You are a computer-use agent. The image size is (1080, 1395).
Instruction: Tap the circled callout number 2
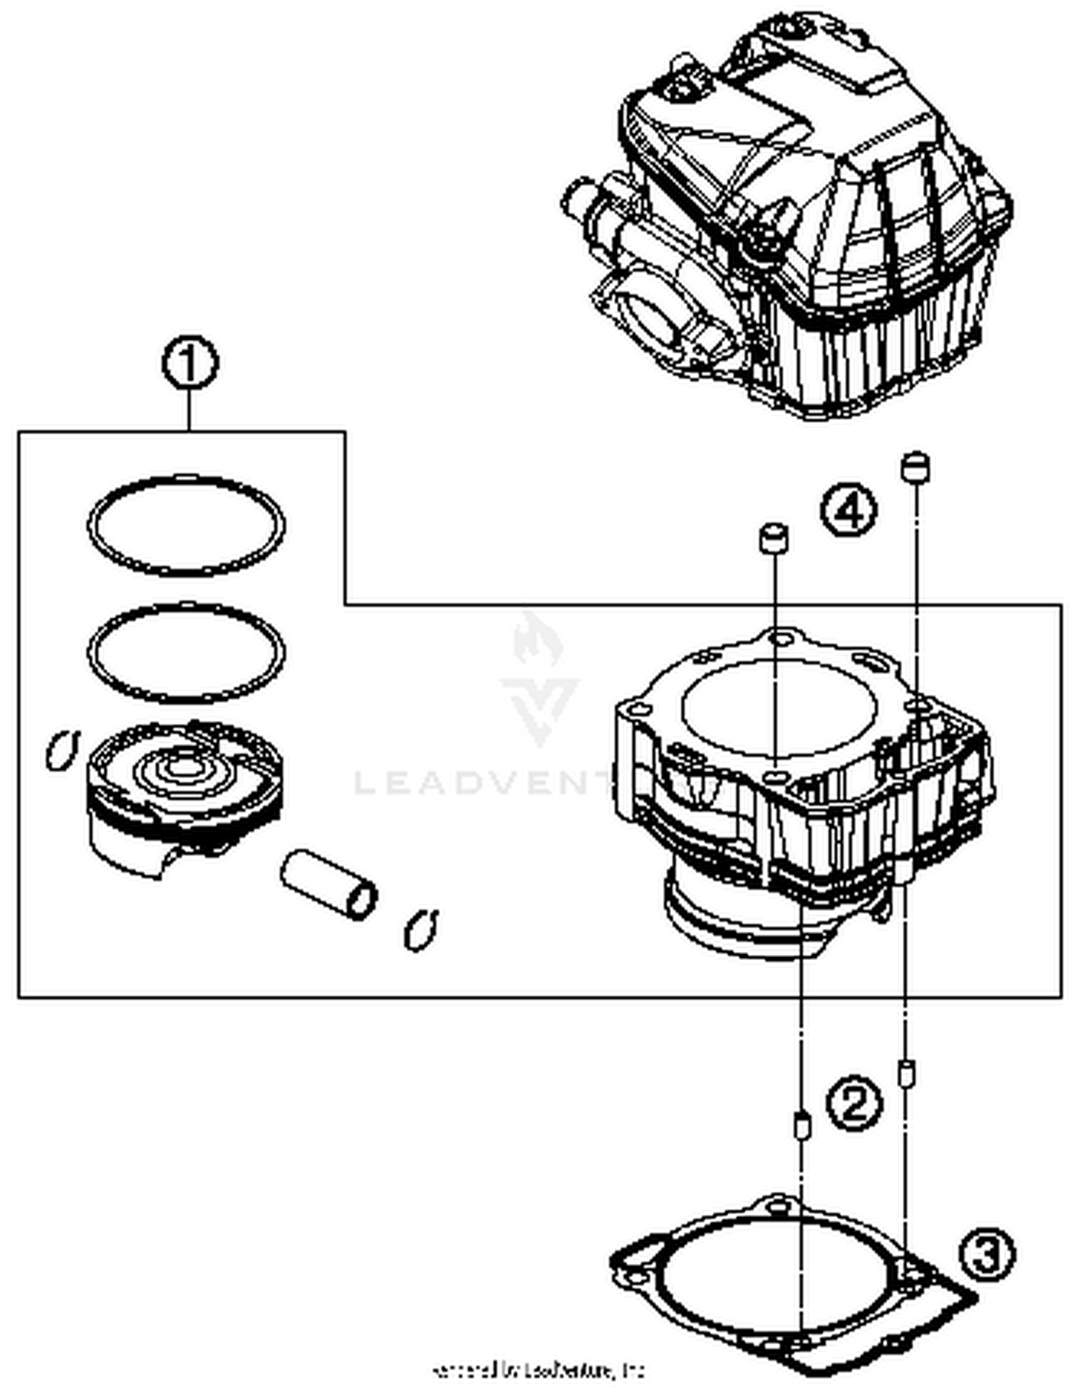click(852, 1103)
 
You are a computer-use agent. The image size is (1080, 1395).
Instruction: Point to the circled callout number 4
click(850, 511)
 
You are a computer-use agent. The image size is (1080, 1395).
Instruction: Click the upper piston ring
click(186, 479)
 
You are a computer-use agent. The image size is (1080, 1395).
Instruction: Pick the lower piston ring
click(186, 606)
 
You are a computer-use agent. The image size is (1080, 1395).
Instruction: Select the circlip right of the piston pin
click(421, 930)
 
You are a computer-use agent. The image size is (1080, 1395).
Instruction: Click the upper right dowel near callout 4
click(915, 467)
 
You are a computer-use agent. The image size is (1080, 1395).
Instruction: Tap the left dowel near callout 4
click(773, 538)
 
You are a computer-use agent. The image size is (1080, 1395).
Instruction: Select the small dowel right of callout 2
click(906, 1073)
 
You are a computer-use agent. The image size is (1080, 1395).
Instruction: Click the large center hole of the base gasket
click(778, 1278)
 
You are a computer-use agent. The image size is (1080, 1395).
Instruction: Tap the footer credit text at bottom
click(539, 1369)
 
